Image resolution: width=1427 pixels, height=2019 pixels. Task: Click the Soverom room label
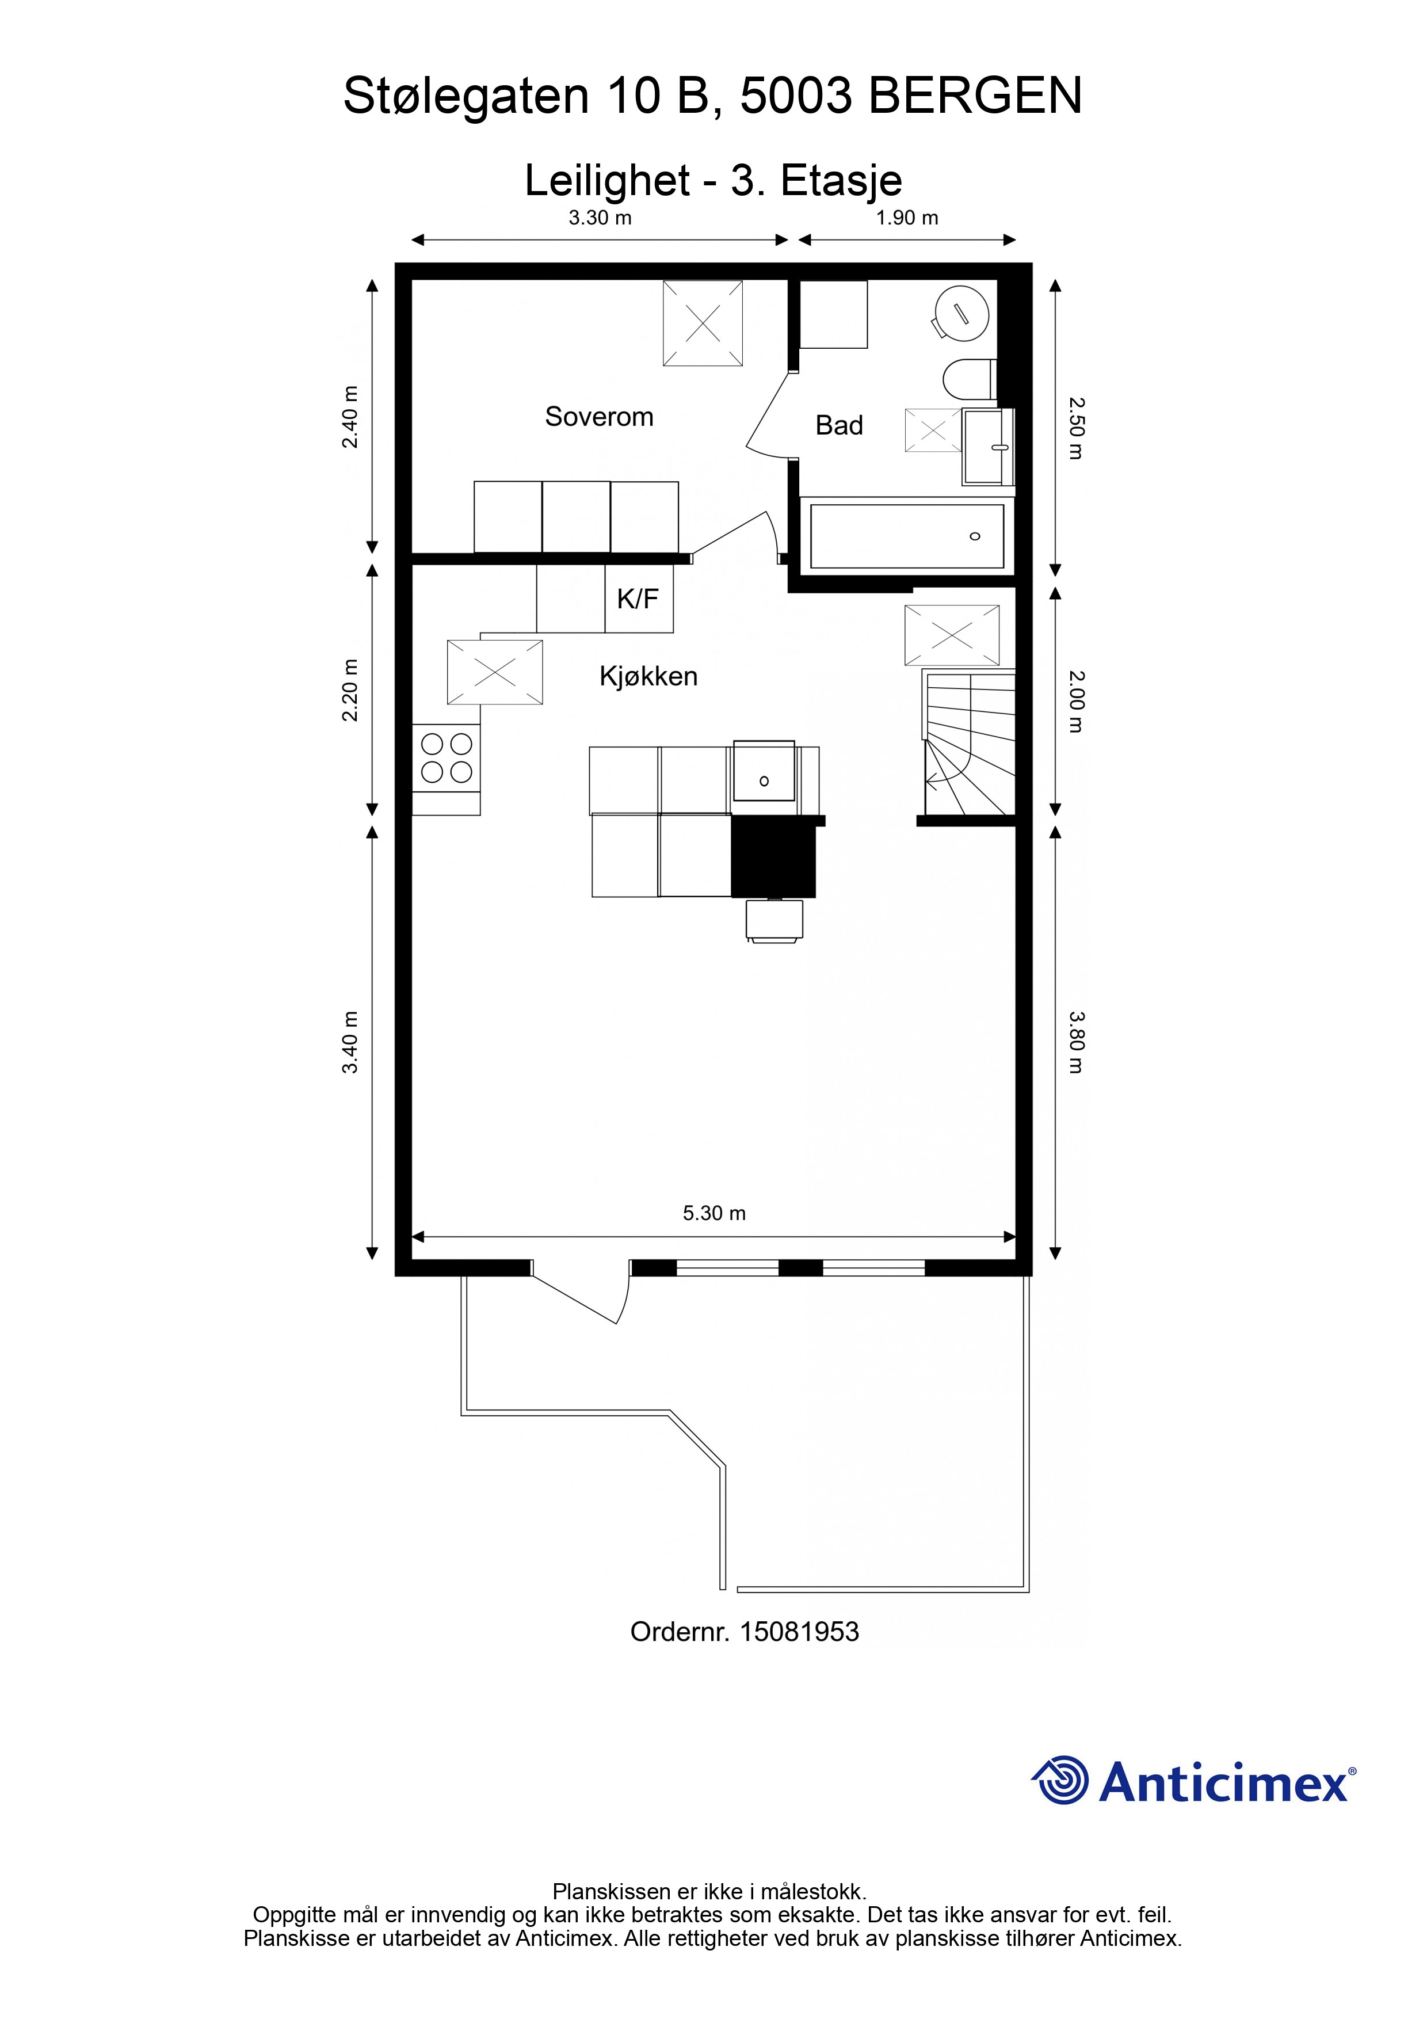click(599, 416)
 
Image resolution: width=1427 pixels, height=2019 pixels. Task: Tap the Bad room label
click(839, 425)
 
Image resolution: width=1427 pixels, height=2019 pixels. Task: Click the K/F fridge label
click(638, 599)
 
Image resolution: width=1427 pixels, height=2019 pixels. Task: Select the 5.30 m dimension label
click(714, 1213)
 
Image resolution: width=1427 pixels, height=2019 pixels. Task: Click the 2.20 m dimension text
click(350, 690)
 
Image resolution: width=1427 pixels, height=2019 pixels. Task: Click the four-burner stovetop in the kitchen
click(447, 758)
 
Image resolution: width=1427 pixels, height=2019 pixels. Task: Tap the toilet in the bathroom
click(969, 380)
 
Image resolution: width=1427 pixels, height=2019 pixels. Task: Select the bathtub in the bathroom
click(906, 536)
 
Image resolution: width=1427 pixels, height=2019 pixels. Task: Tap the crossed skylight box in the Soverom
click(703, 323)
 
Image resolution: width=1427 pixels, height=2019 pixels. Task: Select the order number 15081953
click(799, 1632)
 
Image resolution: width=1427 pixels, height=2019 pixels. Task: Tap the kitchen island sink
click(764, 772)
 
